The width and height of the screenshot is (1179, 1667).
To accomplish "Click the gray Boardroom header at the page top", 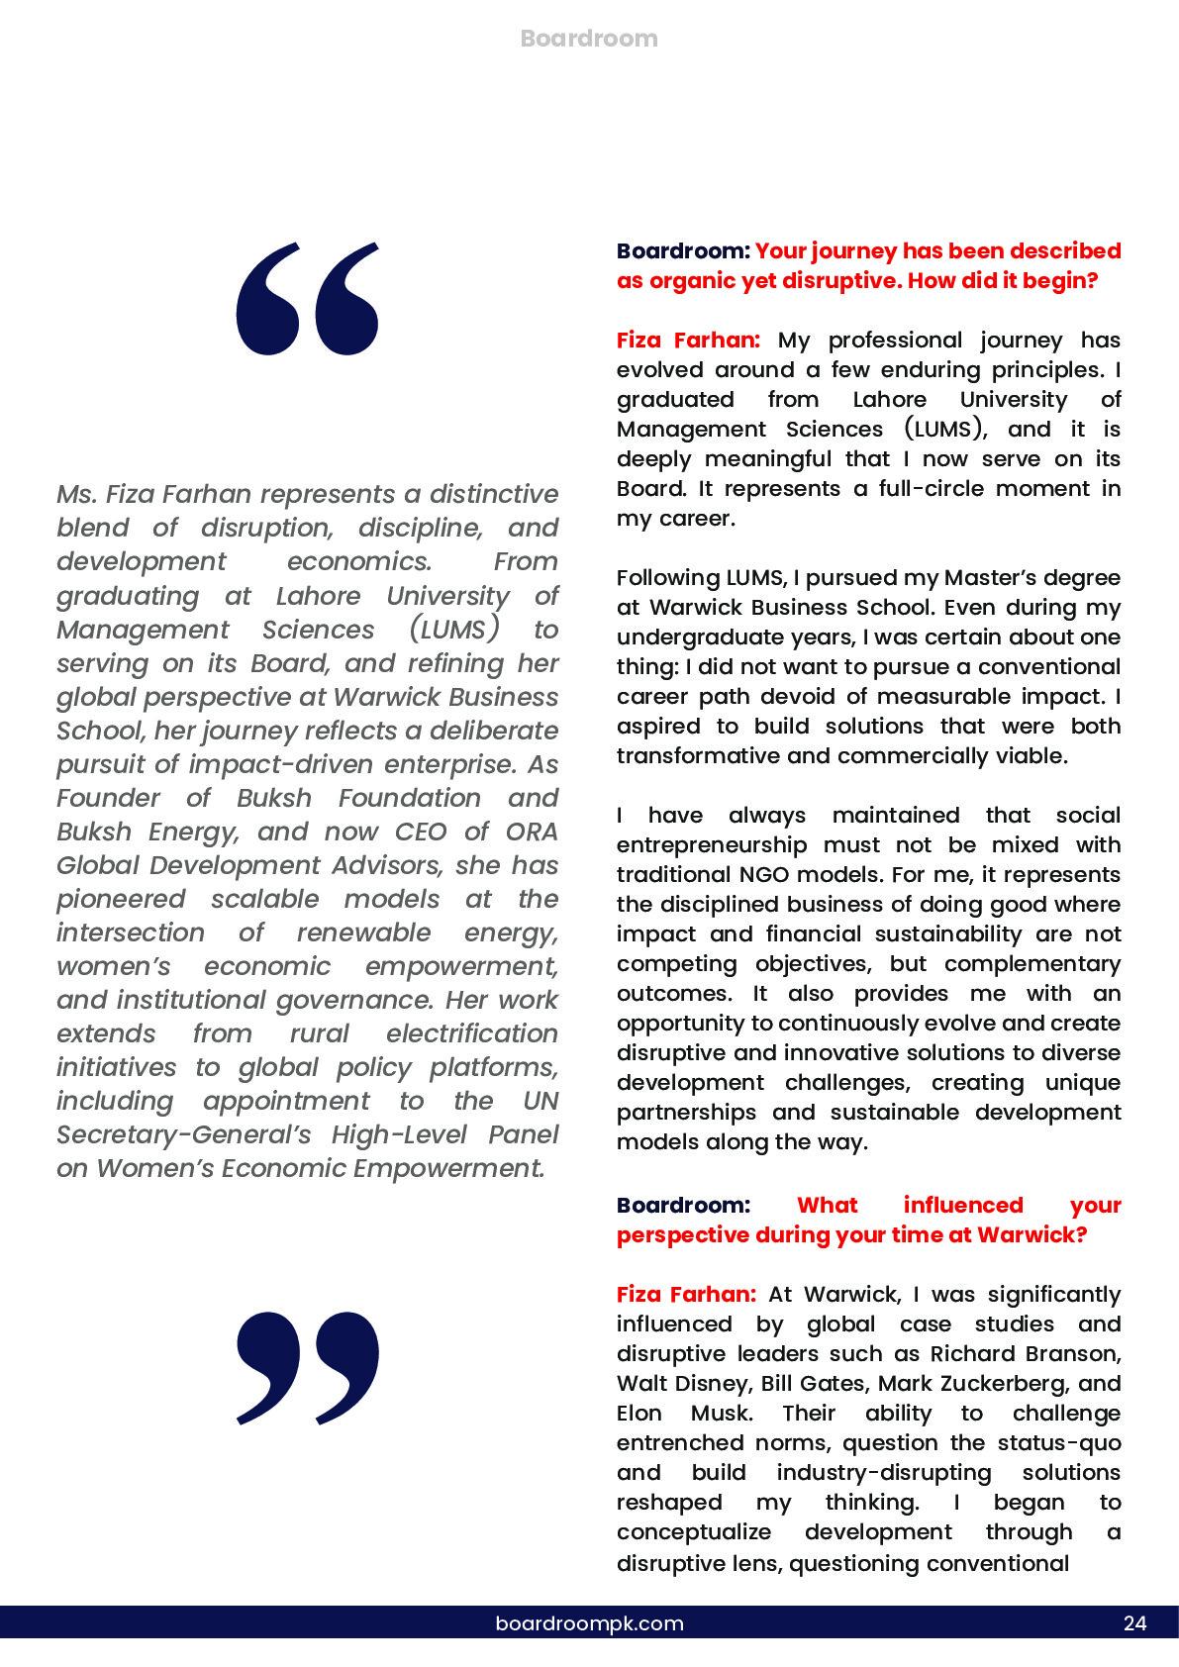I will pos(588,39).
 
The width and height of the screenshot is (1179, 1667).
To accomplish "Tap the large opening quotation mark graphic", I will pos(307,297).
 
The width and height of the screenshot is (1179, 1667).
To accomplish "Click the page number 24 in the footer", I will pos(1134,1623).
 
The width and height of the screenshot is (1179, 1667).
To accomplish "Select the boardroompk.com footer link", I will pos(589,1623).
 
